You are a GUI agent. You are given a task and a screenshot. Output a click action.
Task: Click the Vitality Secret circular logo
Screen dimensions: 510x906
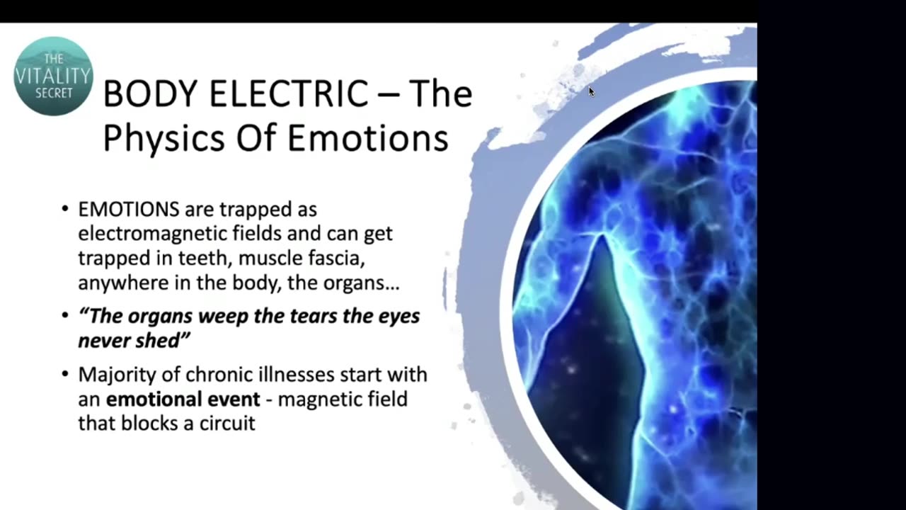pyautogui.click(x=53, y=76)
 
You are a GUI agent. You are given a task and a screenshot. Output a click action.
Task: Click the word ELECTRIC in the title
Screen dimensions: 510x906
pyautogui.click(x=272, y=93)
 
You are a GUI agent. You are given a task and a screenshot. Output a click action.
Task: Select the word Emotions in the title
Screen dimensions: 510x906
pyautogui.click(x=367, y=138)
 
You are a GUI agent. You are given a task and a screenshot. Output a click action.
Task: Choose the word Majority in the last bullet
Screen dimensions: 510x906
pyautogui.click(x=111, y=375)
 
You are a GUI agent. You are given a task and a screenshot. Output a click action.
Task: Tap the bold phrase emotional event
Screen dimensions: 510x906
pyautogui.click(x=183, y=399)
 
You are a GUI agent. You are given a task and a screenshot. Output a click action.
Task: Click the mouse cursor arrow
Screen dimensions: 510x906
pyautogui.click(x=591, y=91)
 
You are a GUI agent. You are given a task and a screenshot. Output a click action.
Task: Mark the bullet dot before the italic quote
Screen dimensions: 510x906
pyautogui.click(x=65, y=317)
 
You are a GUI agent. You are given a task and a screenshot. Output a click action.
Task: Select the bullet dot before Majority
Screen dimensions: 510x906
pyautogui.click(x=65, y=375)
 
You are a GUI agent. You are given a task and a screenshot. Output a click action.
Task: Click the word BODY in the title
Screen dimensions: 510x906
pyautogui.click(x=143, y=93)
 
